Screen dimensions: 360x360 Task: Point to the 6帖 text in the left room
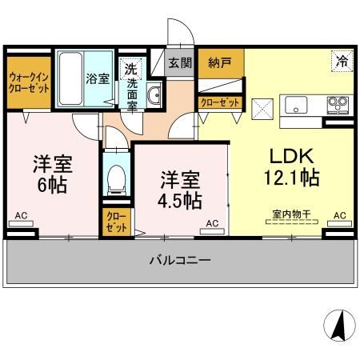pos(53,185)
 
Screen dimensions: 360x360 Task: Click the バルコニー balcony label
pos(180,261)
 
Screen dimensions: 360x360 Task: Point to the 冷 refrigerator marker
pos(342,60)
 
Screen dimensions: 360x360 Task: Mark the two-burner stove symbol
pos(337,104)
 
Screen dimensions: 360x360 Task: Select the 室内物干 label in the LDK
pos(289,214)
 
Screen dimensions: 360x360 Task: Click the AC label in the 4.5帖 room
pos(213,222)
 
